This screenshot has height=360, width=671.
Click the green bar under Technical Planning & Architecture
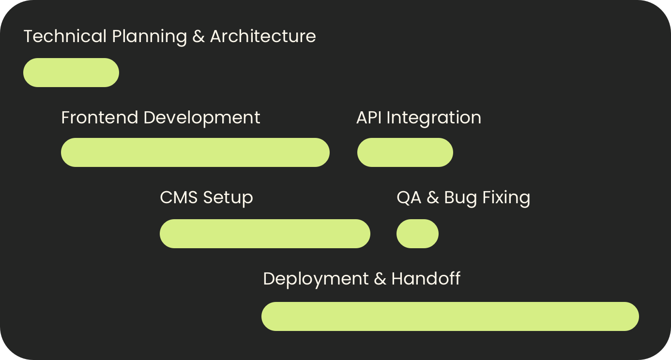click(x=71, y=73)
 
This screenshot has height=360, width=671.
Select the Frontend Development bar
click(x=195, y=152)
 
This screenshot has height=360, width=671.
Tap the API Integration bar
click(x=405, y=152)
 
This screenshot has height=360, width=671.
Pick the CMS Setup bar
click(x=265, y=234)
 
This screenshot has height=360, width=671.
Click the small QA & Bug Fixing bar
click(x=417, y=234)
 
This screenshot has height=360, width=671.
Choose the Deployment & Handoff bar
click(x=450, y=316)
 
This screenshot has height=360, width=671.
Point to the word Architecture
click(x=263, y=36)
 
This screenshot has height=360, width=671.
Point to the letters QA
click(x=409, y=197)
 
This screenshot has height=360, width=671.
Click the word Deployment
click(x=316, y=279)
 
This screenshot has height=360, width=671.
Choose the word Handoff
click(x=426, y=279)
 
